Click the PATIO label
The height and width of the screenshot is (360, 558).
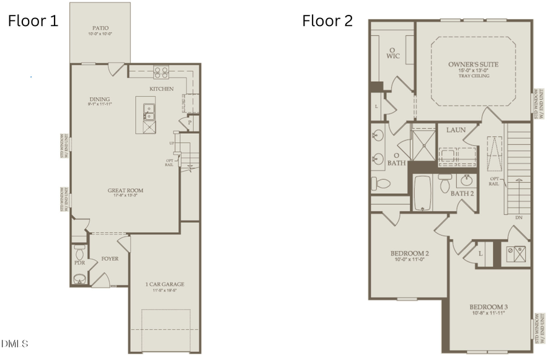pyautogui.click(x=100, y=28)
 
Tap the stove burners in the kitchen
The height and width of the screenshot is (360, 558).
pyautogui.click(x=161, y=72)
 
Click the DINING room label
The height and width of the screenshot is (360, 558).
pyautogui.click(x=100, y=99)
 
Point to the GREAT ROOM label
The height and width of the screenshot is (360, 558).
pyautogui.click(x=125, y=191)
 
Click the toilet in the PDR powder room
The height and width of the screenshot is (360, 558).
pyautogui.click(x=79, y=253)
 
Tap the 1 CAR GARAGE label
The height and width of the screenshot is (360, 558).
pyautogui.click(x=164, y=284)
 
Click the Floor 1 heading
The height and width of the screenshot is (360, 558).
pyautogui.click(x=33, y=21)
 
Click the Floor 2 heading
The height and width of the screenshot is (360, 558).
pyautogui.click(x=327, y=21)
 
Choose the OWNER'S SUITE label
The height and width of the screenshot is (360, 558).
pyautogui.click(x=473, y=64)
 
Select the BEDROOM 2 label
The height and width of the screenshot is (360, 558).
pyautogui.click(x=410, y=253)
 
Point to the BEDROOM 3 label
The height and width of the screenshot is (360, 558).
pyautogui.click(x=489, y=307)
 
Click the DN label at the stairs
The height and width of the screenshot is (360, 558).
pyautogui.click(x=518, y=217)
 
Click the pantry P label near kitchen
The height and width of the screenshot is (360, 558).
pyautogui.click(x=190, y=123)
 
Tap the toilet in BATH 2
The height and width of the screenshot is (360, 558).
pyautogui.click(x=445, y=183)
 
